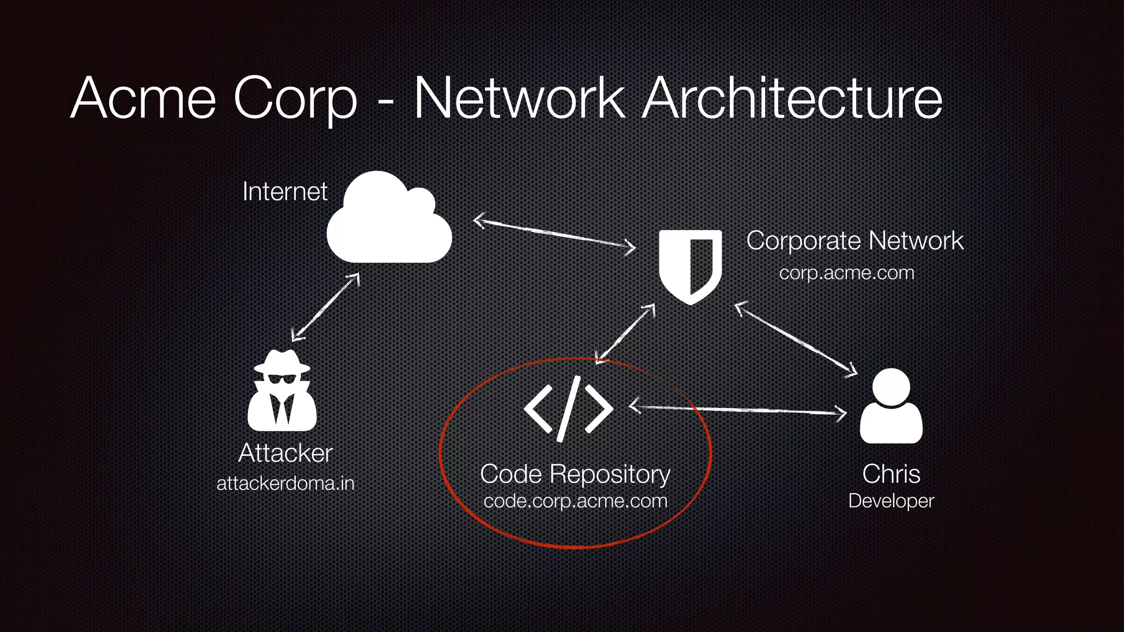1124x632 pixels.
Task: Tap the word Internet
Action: (x=285, y=191)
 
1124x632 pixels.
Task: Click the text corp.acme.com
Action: (x=846, y=273)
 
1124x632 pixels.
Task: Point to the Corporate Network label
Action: (x=855, y=241)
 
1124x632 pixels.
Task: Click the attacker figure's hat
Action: (x=282, y=362)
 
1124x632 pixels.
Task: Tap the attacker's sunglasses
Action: (x=281, y=380)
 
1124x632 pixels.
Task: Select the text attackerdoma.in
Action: (x=285, y=483)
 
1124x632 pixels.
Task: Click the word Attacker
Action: (x=285, y=453)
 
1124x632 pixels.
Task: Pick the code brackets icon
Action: (x=568, y=409)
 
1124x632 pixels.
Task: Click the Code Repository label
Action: (x=575, y=474)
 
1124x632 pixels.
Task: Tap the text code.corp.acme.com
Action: (x=575, y=501)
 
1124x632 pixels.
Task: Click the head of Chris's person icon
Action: (x=890, y=387)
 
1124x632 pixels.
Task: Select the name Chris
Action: (x=891, y=474)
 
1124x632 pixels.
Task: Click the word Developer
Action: (x=891, y=501)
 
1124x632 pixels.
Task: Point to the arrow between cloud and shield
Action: (x=554, y=234)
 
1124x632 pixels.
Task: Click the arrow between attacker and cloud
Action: (x=325, y=307)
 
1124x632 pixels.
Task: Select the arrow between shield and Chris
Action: (x=796, y=340)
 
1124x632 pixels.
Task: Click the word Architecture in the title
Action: (x=793, y=99)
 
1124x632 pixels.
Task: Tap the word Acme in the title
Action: (x=144, y=99)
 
